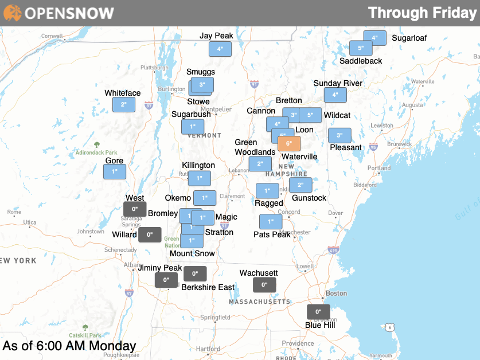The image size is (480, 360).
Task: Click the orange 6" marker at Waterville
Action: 288,143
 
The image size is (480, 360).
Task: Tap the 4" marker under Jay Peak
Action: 220,49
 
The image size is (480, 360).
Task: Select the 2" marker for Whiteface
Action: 124,105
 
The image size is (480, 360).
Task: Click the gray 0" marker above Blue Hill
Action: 318,312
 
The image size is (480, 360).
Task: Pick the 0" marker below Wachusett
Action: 264,285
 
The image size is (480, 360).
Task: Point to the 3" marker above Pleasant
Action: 339,135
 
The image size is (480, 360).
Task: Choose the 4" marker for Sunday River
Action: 335,95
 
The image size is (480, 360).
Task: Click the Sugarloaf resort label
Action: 409,38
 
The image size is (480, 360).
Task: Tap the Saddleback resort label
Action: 361,61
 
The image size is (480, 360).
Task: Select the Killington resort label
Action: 198,165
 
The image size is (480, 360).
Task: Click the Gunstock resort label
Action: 309,198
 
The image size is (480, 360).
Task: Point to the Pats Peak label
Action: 272,234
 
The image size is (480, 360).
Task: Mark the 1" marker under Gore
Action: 115,171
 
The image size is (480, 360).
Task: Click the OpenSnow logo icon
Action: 12,13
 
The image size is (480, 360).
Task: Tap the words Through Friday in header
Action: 422,13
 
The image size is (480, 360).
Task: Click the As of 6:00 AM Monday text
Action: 69,346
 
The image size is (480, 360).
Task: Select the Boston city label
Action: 336,293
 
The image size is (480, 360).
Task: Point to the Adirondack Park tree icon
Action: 96,145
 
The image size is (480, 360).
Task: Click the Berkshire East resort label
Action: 208,287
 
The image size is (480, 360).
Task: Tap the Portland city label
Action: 379,168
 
